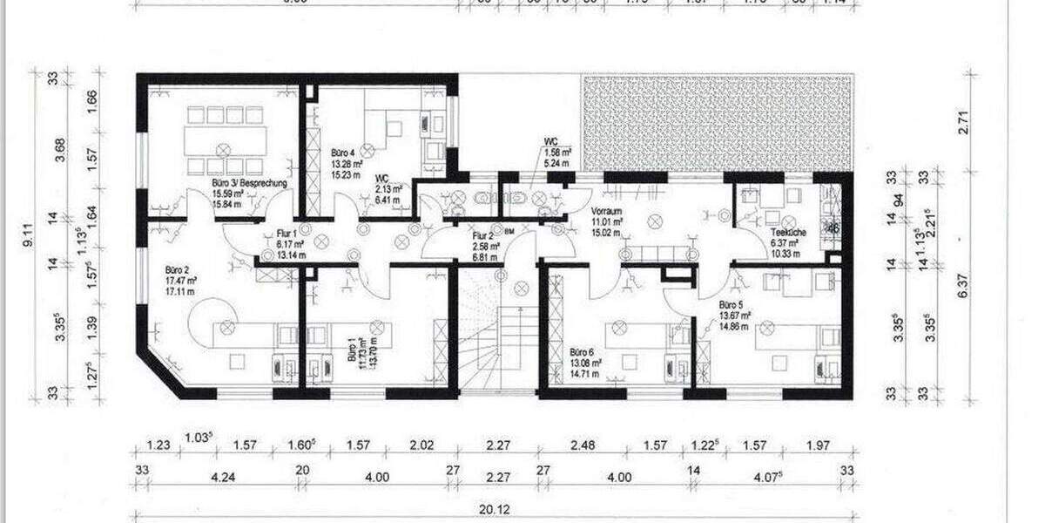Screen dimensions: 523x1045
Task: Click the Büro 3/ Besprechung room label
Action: tap(249, 185)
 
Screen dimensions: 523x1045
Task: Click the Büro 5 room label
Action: tap(732, 306)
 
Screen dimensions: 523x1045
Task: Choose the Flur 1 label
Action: tap(287, 234)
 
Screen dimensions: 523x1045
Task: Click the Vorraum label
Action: tap(605, 212)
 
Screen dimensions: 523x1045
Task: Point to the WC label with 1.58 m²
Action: tap(550, 140)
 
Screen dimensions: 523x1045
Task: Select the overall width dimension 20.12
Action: tap(492, 511)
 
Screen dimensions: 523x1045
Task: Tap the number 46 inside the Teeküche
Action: tap(833, 229)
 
